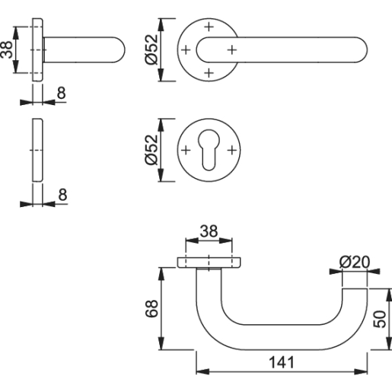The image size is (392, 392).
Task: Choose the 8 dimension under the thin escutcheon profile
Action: [x=62, y=193]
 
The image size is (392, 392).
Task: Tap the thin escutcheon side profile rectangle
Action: [x=37, y=150]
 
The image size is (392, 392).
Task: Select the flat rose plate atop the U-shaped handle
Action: [x=209, y=263]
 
